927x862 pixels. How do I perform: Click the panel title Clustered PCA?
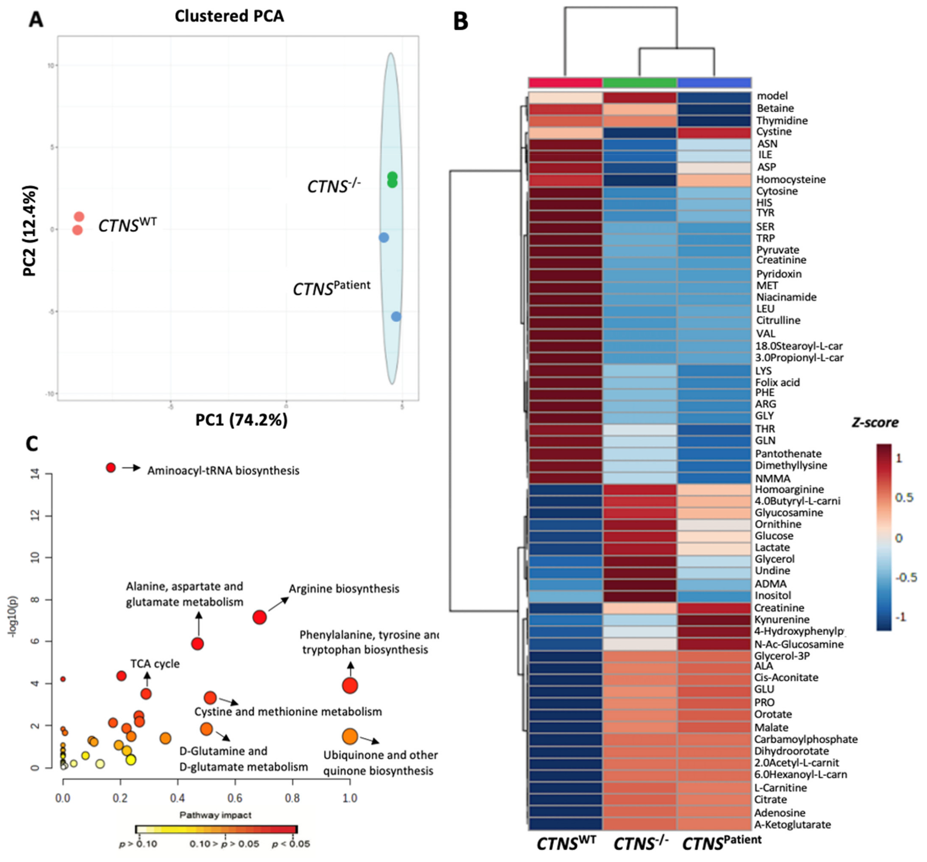pos(229,16)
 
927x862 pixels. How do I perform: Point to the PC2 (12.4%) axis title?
pos(30,231)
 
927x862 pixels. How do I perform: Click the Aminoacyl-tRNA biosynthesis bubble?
pos(110,467)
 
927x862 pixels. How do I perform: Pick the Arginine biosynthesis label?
pos(344,589)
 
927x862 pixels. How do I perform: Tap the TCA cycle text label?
pos(155,664)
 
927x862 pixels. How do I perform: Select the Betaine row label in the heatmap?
pos(775,108)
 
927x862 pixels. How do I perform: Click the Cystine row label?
pos(774,132)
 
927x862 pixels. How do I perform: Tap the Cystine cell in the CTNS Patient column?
pos(714,132)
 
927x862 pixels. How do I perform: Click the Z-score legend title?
pos(875,423)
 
